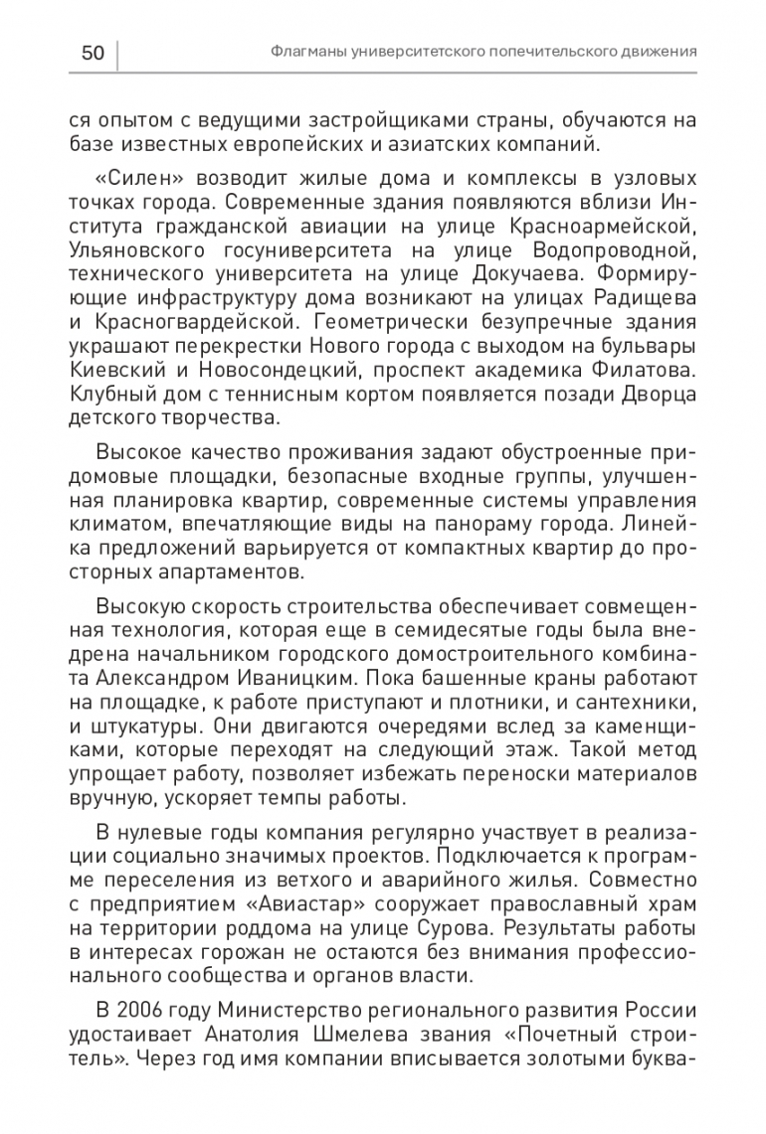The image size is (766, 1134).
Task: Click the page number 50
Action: point(93,52)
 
